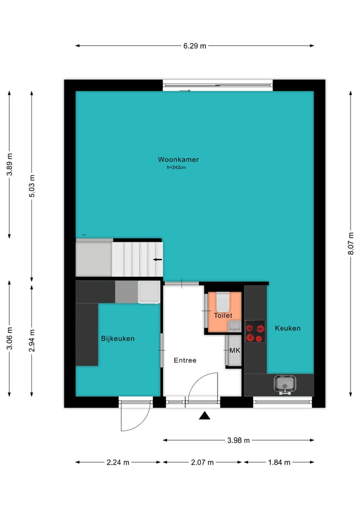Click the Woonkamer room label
click(x=178, y=160)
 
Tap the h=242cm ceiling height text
click(x=176, y=168)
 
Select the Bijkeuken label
click(x=118, y=339)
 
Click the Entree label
click(x=185, y=360)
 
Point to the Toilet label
click(x=223, y=316)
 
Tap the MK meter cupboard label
click(x=234, y=351)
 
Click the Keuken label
click(x=287, y=328)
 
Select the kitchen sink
click(x=284, y=384)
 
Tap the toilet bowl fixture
click(x=223, y=301)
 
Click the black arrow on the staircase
click(x=157, y=260)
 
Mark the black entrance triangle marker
click(x=204, y=416)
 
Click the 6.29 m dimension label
click(x=194, y=46)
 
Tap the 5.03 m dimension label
click(x=31, y=186)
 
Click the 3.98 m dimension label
click(x=238, y=440)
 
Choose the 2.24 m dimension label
click(x=118, y=463)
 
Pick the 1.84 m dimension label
click(x=279, y=463)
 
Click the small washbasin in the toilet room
click(x=233, y=326)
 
